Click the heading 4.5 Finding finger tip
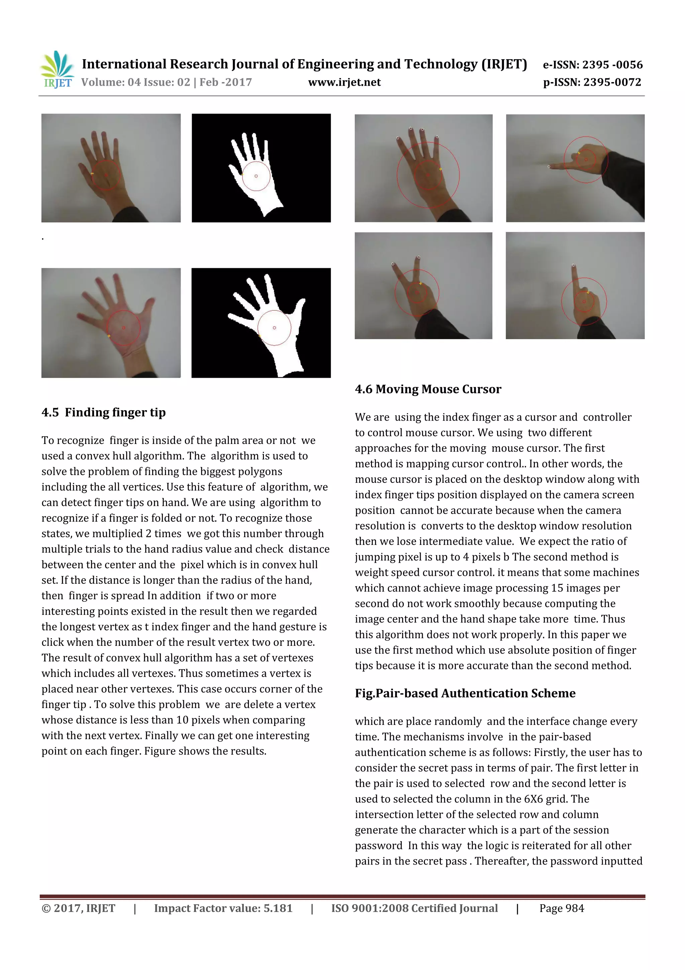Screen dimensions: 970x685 pyautogui.click(x=103, y=412)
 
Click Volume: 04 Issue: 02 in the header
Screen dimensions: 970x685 pyautogui.click(x=135, y=82)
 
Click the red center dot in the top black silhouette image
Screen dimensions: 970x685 pyautogui.click(x=256, y=176)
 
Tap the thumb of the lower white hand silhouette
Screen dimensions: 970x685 pyautogui.click(x=300, y=304)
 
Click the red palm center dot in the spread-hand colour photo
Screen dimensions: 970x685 pyautogui.click(x=124, y=328)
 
